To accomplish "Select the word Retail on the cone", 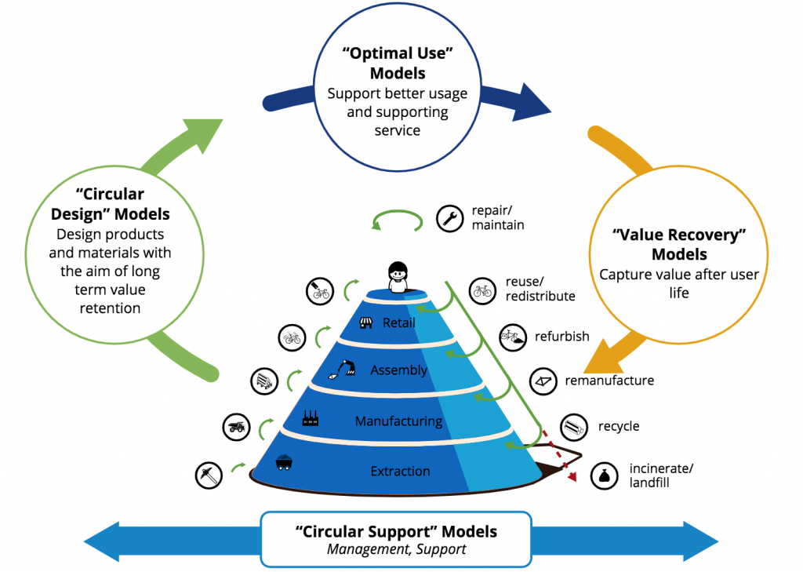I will click(x=399, y=322).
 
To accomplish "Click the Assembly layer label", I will click(x=398, y=370).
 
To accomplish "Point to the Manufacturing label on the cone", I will click(x=398, y=421).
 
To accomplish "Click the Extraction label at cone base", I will click(x=400, y=471).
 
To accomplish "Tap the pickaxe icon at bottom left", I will click(x=208, y=475).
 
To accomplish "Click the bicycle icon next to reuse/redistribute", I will click(x=481, y=291).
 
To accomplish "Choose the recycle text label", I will click(x=619, y=426).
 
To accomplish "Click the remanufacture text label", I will click(x=609, y=381).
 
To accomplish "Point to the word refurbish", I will click(x=562, y=337).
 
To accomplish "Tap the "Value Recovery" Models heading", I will click(x=679, y=244).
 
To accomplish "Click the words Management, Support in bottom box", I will click(x=396, y=549).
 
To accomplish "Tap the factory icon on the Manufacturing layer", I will click(x=311, y=418).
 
